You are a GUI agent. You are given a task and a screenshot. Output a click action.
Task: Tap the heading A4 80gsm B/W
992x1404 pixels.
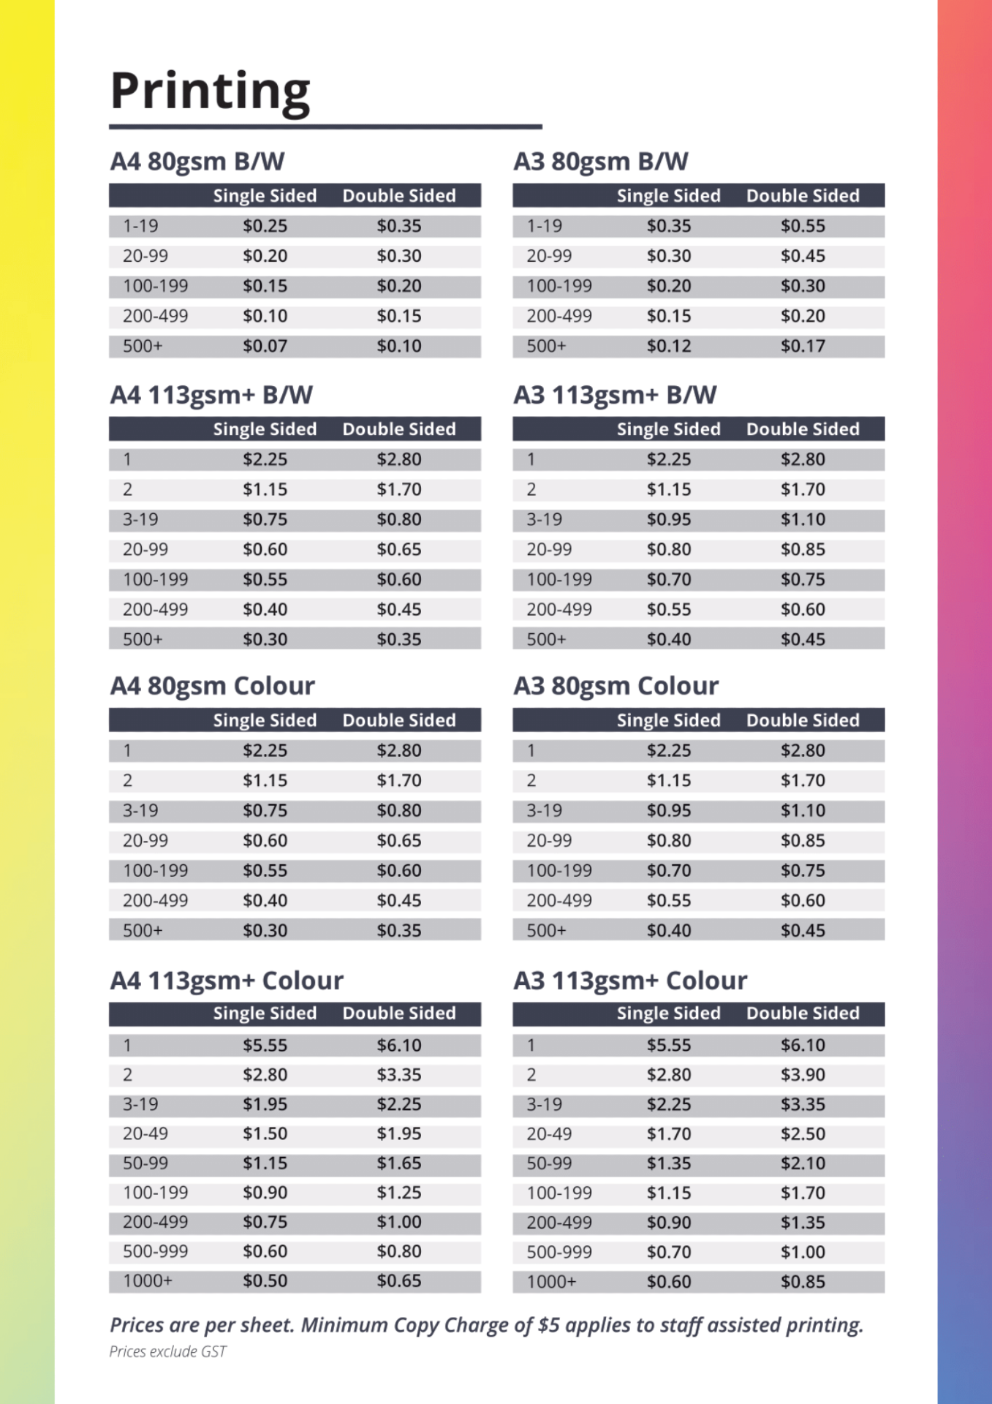coord(197,161)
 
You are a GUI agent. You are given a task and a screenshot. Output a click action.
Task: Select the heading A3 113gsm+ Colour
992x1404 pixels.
coord(630,980)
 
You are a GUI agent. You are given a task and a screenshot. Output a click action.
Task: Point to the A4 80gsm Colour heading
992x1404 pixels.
coord(212,686)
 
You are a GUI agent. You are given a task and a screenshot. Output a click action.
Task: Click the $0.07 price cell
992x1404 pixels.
coord(265,346)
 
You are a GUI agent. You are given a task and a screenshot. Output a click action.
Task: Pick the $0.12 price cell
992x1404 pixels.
coord(668,346)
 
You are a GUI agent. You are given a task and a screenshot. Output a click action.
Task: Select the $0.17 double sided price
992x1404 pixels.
coord(803,346)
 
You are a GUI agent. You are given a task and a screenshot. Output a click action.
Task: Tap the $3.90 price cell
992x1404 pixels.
coord(803,1075)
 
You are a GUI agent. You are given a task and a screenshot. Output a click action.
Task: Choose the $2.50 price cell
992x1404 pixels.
coord(803,1134)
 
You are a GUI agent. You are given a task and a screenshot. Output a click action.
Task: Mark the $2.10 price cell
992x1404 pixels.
coord(803,1163)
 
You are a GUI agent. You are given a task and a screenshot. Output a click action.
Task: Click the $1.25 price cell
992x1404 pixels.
coord(399,1193)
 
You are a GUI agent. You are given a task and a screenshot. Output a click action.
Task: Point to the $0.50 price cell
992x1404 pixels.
coord(265,1281)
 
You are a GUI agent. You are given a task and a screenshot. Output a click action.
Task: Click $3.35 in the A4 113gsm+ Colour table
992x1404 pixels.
coord(399,1075)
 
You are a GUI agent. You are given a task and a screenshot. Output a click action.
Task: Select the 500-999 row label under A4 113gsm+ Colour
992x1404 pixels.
coord(155,1251)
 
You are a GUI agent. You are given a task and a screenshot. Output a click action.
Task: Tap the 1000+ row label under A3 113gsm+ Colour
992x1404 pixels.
coord(551,1282)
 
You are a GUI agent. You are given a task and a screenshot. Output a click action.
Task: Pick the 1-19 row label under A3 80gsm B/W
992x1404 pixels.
coord(544,226)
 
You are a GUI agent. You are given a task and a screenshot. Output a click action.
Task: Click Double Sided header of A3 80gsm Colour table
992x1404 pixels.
coord(803,720)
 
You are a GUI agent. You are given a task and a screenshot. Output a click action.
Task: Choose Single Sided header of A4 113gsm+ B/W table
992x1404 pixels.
coord(265,429)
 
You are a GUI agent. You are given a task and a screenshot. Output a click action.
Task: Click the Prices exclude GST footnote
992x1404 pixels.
coord(167,1351)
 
